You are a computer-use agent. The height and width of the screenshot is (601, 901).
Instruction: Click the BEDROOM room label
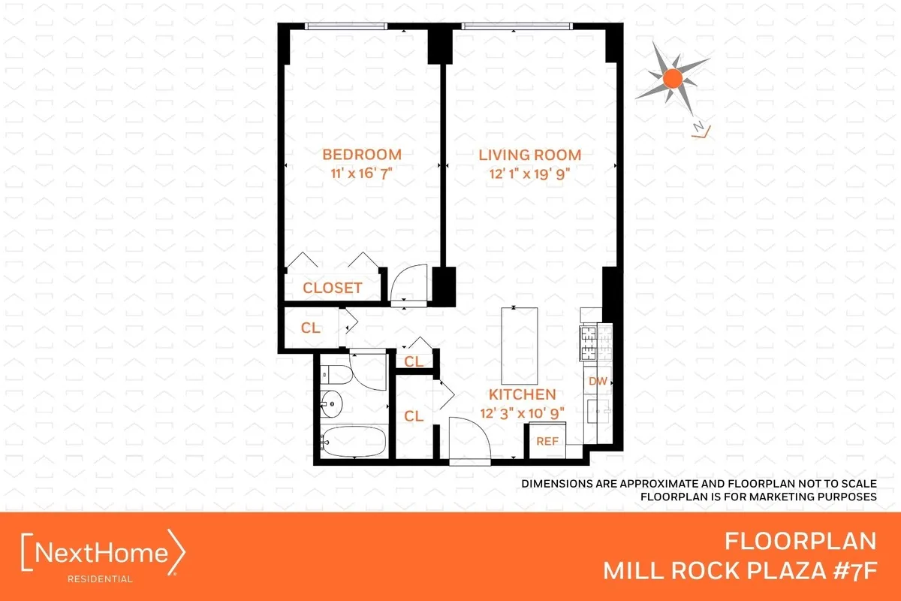[x=362, y=155]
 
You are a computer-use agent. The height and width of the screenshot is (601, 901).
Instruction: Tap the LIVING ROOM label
[x=530, y=156]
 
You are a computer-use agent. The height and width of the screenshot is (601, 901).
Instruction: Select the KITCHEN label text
[x=523, y=394]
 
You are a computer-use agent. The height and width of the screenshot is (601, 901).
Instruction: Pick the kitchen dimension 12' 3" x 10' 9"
[x=523, y=412]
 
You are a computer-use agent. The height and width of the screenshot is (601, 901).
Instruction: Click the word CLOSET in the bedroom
[x=333, y=288]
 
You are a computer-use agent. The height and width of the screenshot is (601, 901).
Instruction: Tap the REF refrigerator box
[x=547, y=441]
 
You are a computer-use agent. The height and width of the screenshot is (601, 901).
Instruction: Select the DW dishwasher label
[x=598, y=382]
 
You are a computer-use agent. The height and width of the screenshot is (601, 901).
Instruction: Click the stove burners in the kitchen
[x=597, y=344]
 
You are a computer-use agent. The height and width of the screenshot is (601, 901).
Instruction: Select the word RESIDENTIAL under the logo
[x=101, y=578]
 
